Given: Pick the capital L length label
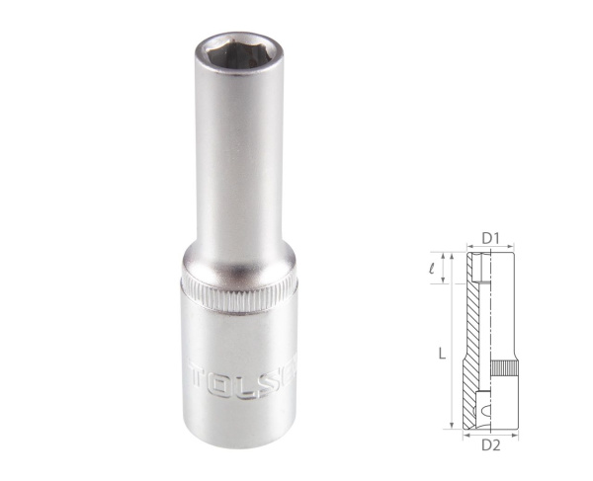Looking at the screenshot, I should tap(441, 352).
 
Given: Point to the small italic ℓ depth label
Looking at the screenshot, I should tap(445, 265).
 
